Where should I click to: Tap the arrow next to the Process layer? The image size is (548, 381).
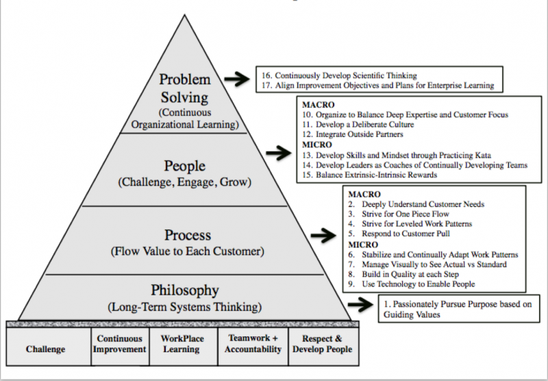click(x=323, y=236)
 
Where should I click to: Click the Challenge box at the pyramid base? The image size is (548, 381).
click(x=45, y=349)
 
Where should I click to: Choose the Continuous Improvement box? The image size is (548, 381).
click(x=121, y=344)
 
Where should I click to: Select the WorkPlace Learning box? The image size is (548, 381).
click(x=182, y=344)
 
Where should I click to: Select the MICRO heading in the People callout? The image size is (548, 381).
click(x=316, y=145)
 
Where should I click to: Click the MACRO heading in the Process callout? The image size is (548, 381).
click(x=364, y=194)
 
